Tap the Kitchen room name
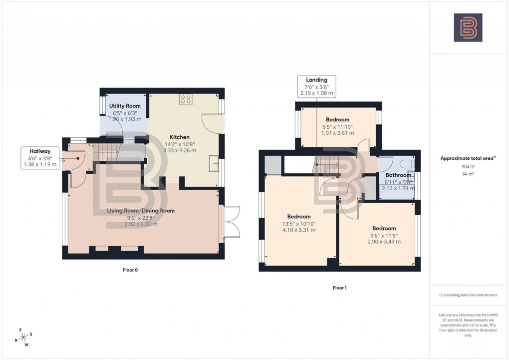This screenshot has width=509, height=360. [x=179, y=137]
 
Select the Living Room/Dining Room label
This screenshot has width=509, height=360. [x=141, y=211]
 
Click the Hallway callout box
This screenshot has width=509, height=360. [x=39, y=157]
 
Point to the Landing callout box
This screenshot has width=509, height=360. [x=316, y=86]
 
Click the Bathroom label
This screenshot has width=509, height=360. [x=398, y=175]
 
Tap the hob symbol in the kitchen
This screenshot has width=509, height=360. [x=186, y=99]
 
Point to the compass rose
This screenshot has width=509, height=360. [x=23, y=338]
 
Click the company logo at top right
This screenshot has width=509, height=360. [x=468, y=27]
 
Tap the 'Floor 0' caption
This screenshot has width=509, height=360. [x=130, y=270]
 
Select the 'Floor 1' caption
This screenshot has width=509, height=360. [x=339, y=288]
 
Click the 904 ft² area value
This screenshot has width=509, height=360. [x=468, y=167]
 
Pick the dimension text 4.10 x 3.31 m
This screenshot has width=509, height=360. [x=299, y=230]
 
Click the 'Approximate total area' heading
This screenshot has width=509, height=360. [x=467, y=158]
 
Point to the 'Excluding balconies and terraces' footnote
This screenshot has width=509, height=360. [x=468, y=295]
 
